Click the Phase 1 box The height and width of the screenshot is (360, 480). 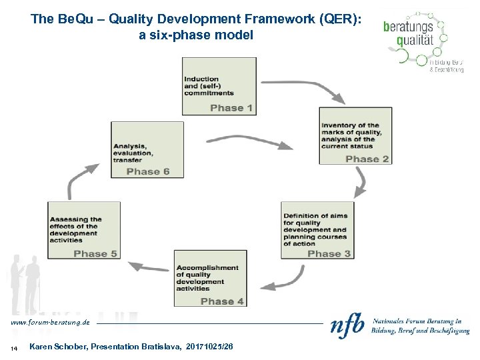tap(219, 86)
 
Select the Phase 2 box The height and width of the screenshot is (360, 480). tap(355, 136)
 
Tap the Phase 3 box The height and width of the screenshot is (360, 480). tap(317, 231)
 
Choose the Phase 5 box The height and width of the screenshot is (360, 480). tap(84, 230)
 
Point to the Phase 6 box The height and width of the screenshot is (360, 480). tap(147, 150)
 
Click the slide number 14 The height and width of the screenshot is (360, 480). tap(13, 348)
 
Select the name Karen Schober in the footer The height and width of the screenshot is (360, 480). tap(59, 347)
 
